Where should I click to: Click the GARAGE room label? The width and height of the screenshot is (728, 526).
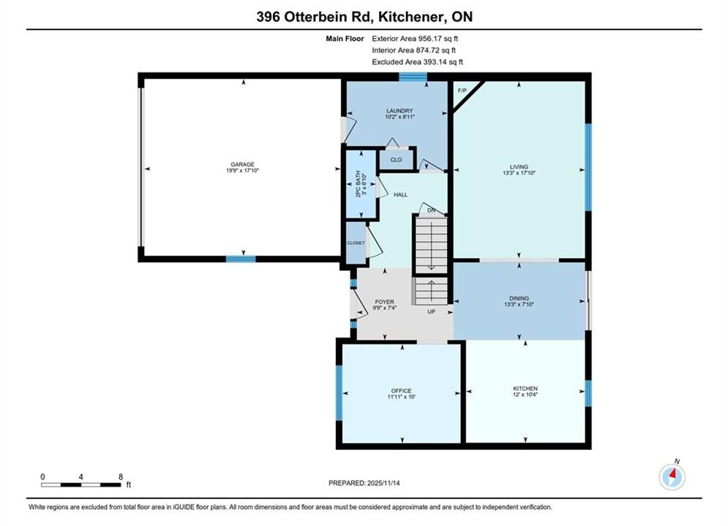(242, 164)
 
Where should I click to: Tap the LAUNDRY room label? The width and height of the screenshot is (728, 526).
(399, 111)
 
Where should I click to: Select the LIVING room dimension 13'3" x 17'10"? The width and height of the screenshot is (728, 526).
(519, 173)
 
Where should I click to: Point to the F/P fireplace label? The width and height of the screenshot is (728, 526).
(462, 91)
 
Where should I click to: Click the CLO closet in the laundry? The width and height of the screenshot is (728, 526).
(396, 159)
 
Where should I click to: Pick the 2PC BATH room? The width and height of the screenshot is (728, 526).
(361, 183)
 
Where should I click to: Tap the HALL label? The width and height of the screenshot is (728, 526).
(400, 194)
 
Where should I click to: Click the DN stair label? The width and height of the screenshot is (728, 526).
(432, 210)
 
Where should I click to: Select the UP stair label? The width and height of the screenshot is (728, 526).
(432, 311)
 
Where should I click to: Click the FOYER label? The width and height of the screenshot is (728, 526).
(384, 302)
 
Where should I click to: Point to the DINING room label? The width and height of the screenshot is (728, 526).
(519, 298)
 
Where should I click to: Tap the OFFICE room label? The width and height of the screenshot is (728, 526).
(401, 391)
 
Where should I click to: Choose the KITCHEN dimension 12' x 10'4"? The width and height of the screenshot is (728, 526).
(525, 394)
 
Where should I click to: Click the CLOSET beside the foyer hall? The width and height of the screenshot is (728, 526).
(356, 243)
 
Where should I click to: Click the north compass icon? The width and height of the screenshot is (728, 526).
(672, 476)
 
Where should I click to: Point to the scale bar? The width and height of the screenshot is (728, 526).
(80, 485)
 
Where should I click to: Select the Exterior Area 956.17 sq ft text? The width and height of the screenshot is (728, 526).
(415, 39)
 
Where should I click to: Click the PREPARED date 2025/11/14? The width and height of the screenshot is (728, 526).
(383, 483)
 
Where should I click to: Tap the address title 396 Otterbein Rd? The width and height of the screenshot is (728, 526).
(315, 17)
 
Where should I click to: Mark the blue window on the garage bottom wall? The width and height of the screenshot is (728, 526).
(241, 259)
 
